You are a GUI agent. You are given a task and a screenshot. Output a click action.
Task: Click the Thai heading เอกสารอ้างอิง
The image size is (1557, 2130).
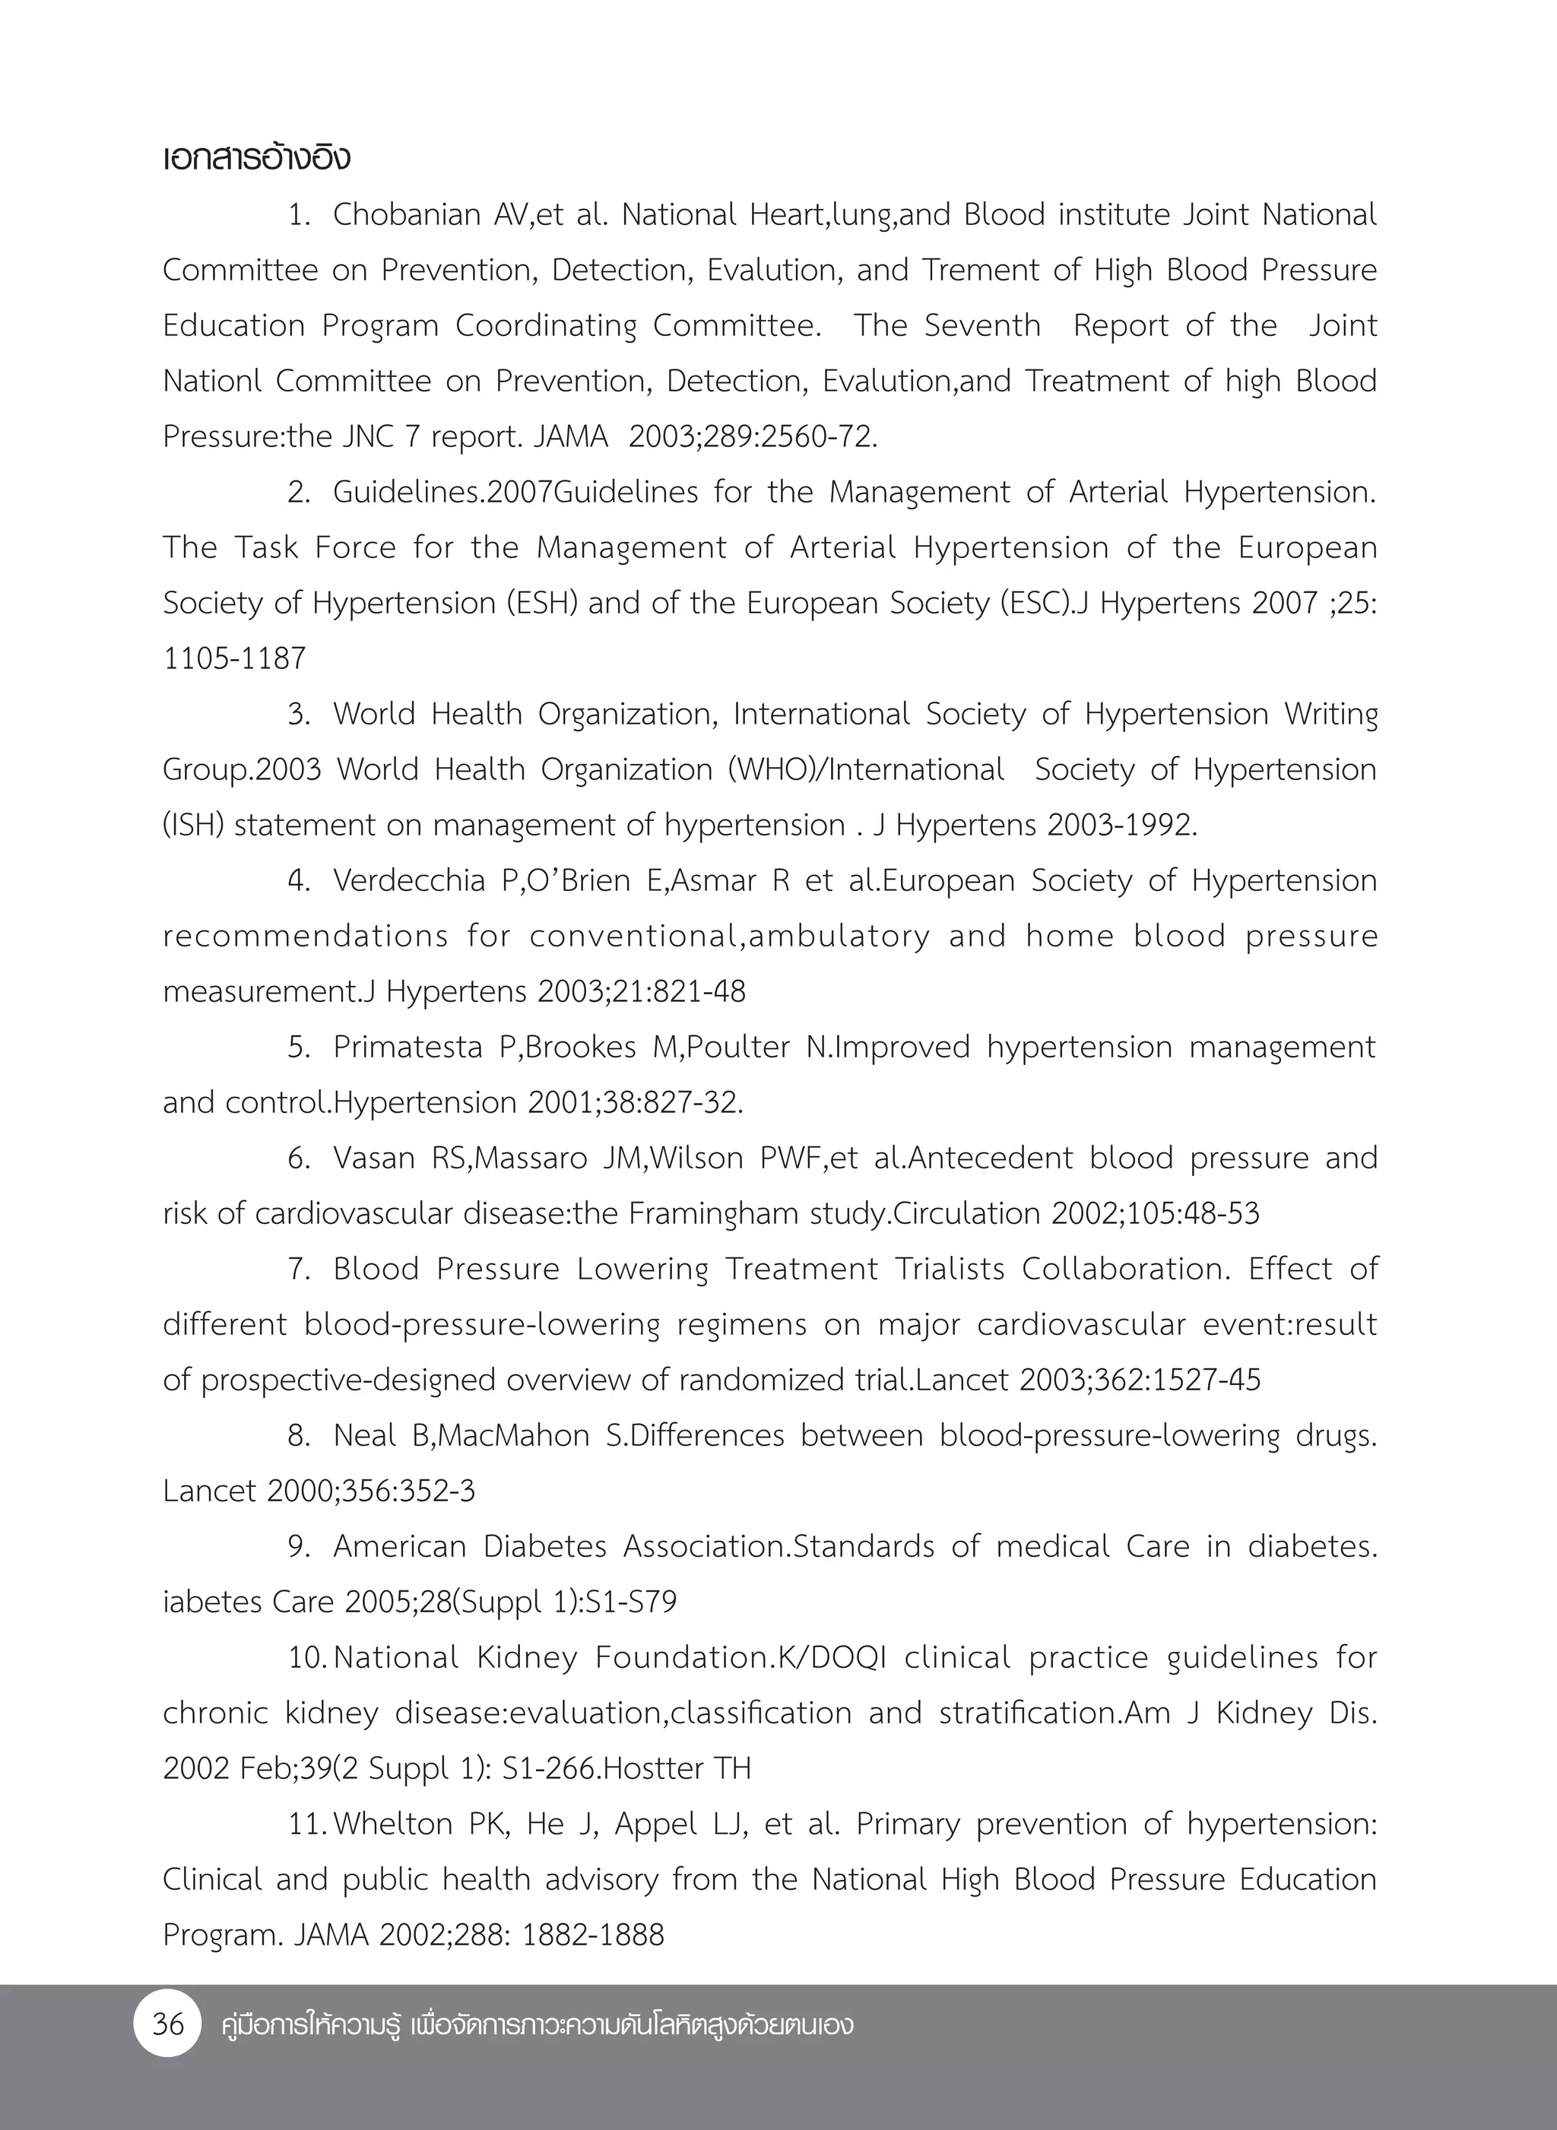pyautogui.click(x=256, y=158)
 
